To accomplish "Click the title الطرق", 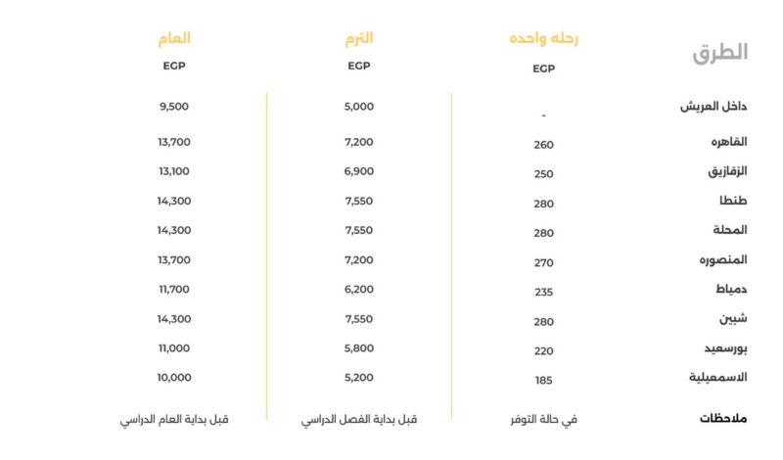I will [x=719, y=53].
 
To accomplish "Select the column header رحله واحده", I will [x=543, y=39].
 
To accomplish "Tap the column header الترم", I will [x=359, y=38].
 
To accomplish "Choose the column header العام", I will [x=174, y=38].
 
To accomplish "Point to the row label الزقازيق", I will [x=727, y=171].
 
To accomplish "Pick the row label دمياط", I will [x=730, y=290].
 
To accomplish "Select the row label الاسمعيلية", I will [x=718, y=378].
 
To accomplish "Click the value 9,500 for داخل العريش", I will [x=174, y=106].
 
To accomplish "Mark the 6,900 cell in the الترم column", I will [x=359, y=171].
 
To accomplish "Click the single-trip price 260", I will [x=543, y=145].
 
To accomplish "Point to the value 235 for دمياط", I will [x=543, y=292].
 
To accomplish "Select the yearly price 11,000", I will [x=174, y=348].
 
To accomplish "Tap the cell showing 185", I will [x=543, y=380].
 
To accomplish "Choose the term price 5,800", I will [x=359, y=348].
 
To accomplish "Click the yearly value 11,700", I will [x=174, y=290].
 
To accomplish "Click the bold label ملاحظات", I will [x=723, y=419].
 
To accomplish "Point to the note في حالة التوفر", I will [x=543, y=419].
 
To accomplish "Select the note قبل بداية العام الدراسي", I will [x=174, y=419].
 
